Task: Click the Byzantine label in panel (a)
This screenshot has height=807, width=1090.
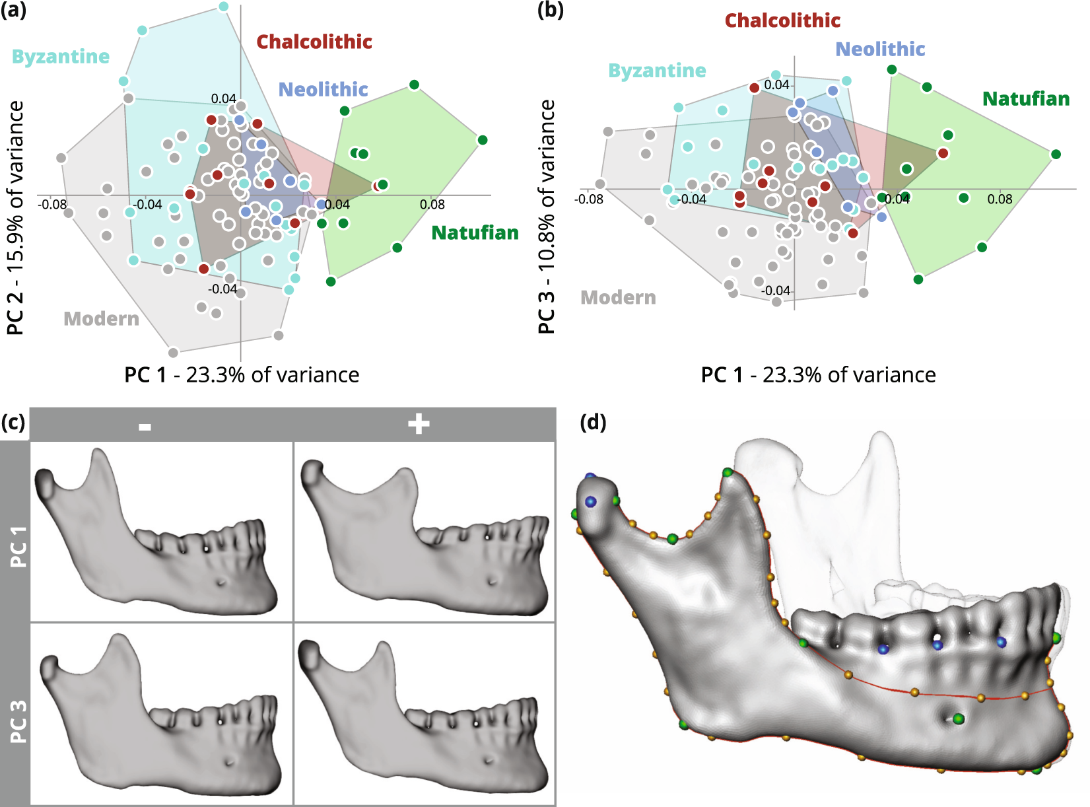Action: click(61, 57)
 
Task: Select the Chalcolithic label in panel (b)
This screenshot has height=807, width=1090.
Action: click(782, 20)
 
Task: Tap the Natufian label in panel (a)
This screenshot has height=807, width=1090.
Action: click(475, 233)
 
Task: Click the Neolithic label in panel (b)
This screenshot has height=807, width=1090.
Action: click(880, 50)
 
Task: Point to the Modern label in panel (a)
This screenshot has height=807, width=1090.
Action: click(101, 319)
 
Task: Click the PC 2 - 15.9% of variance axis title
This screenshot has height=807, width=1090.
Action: click(15, 218)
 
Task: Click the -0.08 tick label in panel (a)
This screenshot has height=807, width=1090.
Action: click(52, 205)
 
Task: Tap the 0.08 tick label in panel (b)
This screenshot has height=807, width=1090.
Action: click(1000, 199)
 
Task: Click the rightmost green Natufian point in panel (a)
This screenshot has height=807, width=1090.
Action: click(483, 140)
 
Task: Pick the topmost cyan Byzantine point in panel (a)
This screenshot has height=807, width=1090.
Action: click(223, 7)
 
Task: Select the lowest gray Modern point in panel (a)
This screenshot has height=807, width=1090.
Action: click(173, 353)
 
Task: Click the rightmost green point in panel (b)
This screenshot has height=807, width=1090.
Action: click(1056, 154)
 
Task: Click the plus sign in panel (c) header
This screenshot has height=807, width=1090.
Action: click(419, 424)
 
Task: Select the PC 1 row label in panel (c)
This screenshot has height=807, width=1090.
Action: click(18, 547)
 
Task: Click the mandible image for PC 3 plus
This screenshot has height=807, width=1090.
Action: click(424, 713)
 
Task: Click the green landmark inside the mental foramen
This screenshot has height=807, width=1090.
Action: click(958, 719)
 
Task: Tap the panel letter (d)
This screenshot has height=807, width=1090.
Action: click(593, 421)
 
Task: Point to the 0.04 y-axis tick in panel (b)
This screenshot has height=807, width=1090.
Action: click(776, 85)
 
